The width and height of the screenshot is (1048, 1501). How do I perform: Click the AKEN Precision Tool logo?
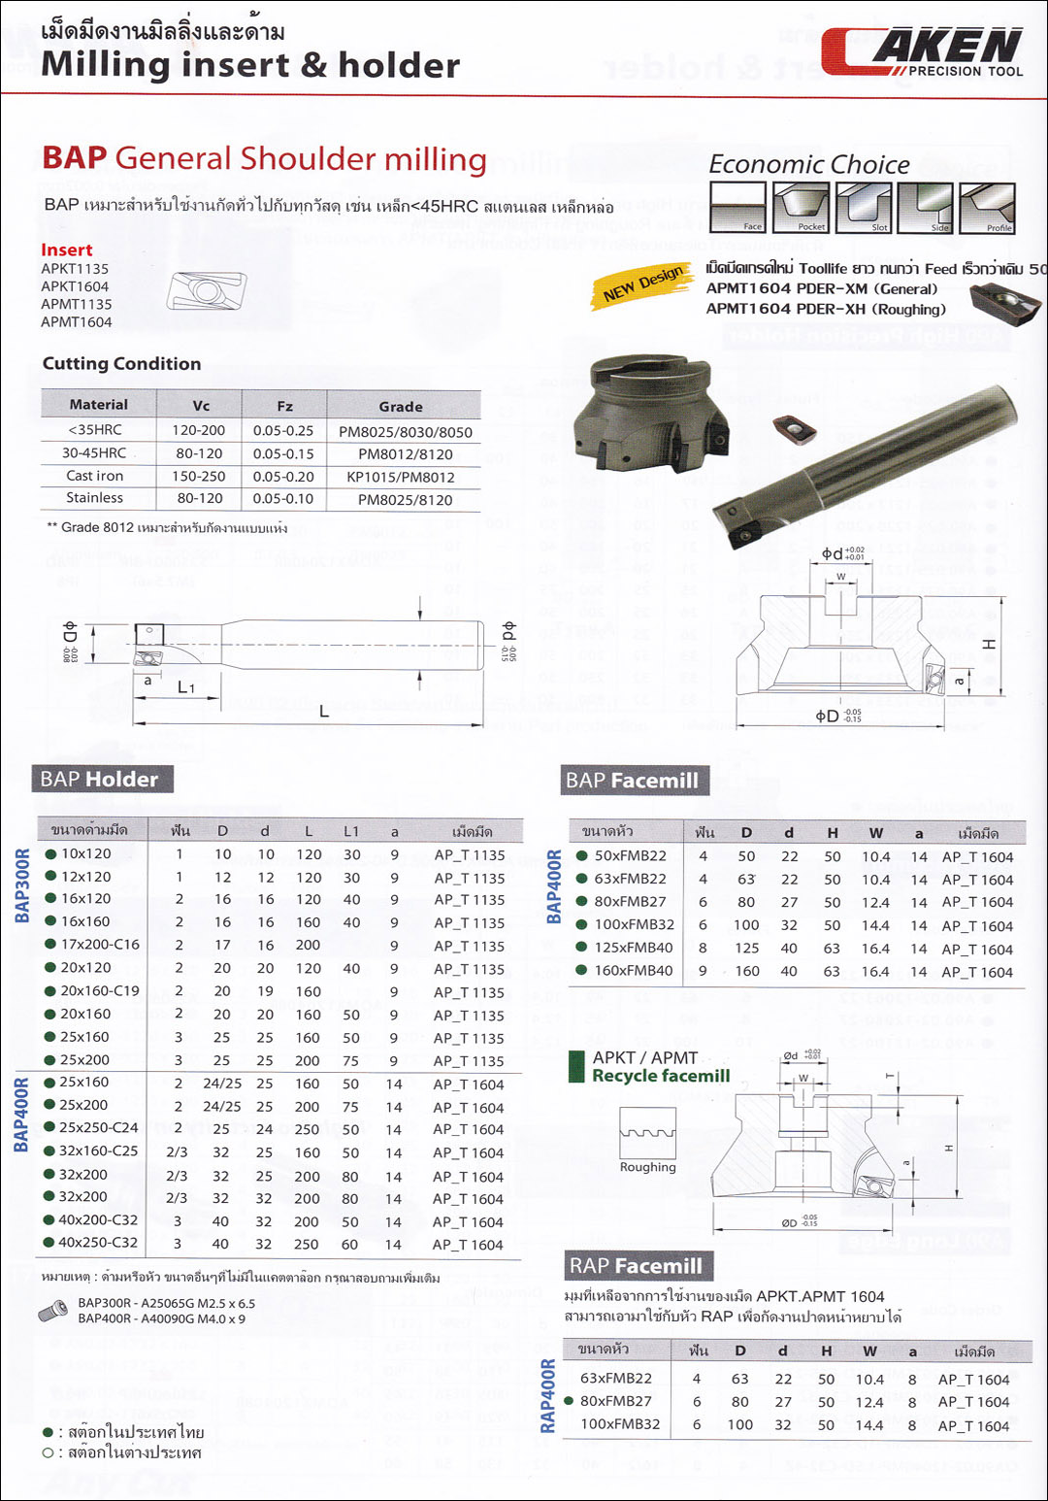point(922,52)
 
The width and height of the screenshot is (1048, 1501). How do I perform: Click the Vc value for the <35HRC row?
point(199,430)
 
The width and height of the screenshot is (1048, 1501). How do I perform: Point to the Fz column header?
point(284,406)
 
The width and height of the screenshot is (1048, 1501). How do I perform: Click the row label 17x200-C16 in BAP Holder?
point(100,944)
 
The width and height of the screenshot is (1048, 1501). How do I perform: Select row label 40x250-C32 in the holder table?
point(98,1243)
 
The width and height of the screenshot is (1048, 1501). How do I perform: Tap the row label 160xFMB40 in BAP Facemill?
point(633,971)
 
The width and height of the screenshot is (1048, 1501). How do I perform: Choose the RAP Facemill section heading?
point(636,1266)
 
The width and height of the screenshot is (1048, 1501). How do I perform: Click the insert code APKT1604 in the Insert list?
point(75,286)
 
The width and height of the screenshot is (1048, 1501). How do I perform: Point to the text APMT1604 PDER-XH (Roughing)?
point(825,309)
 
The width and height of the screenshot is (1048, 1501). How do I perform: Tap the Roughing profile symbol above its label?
point(647,1132)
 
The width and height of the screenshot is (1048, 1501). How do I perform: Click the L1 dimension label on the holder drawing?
point(186,687)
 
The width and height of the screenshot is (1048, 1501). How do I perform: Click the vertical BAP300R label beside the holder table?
point(22,885)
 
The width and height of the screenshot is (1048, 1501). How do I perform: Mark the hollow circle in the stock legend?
point(48,1453)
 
